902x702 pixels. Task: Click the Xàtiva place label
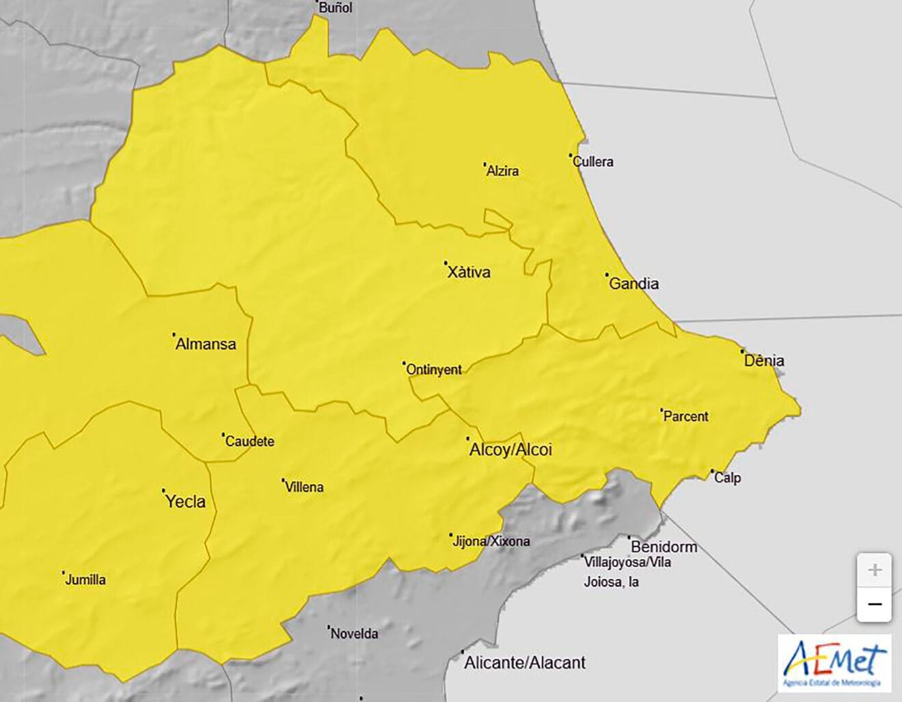click(x=469, y=272)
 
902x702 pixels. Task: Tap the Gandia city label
click(x=633, y=284)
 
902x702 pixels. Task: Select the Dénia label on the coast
click(x=764, y=360)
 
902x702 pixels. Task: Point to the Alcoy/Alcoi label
click(x=510, y=450)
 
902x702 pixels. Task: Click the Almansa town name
click(x=206, y=344)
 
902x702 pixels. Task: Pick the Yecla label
click(x=185, y=502)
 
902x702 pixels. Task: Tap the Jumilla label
click(x=85, y=580)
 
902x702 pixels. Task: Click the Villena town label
click(x=304, y=487)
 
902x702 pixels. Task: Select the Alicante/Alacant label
click(x=525, y=662)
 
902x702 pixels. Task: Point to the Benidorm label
click(x=664, y=547)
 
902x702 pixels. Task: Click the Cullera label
click(x=593, y=162)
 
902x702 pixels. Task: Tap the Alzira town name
click(x=502, y=172)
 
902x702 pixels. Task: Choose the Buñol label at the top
click(x=336, y=8)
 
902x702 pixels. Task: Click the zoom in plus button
click(x=874, y=570)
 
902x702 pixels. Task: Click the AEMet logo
click(x=834, y=663)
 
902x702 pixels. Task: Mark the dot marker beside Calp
click(x=712, y=471)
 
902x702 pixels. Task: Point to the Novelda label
click(x=354, y=634)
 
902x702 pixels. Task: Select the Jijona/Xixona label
click(x=491, y=541)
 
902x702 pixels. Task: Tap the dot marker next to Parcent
click(x=661, y=410)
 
